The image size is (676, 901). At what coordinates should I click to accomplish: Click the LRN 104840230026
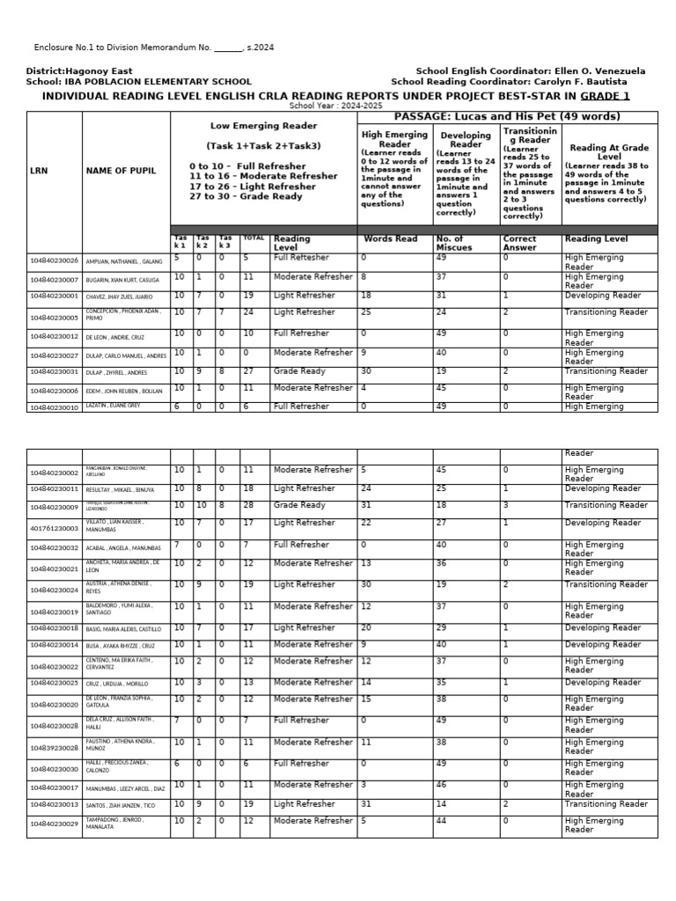click(54, 261)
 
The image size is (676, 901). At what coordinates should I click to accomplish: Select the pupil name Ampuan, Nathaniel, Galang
click(122, 261)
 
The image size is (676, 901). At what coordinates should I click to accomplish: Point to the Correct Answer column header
click(519, 243)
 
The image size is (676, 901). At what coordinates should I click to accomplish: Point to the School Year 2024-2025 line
click(338, 105)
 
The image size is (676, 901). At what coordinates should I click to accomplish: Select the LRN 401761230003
click(54, 529)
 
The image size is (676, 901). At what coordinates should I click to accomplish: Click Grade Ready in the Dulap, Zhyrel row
click(299, 371)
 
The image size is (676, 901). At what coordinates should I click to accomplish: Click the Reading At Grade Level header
click(609, 153)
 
